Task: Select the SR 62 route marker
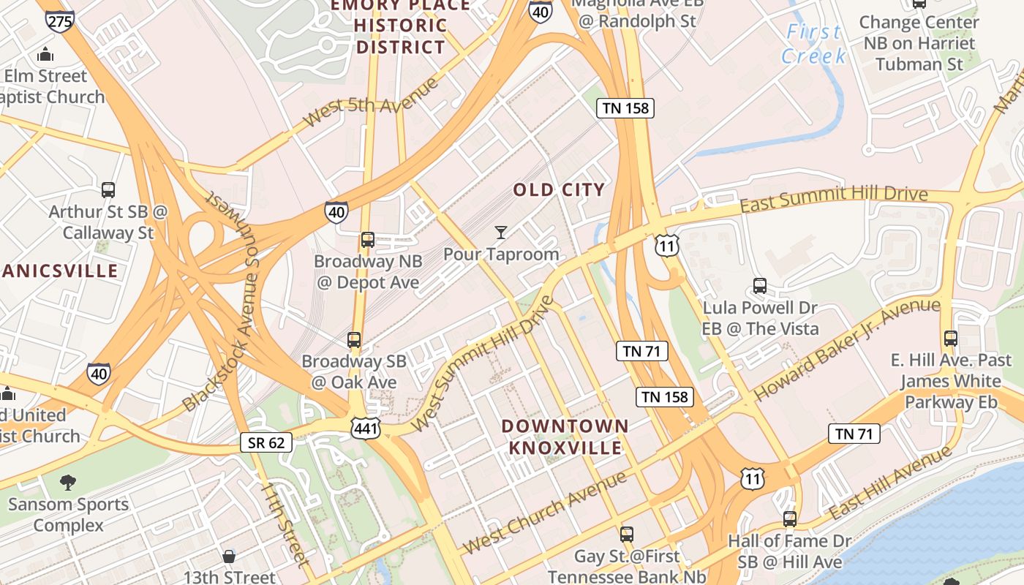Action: click(266, 442)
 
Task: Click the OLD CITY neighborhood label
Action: click(559, 190)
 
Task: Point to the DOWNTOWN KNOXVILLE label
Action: click(565, 437)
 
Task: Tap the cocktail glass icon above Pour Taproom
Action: click(501, 233)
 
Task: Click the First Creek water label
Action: click(813, 44)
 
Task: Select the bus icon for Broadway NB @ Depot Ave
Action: click(368, 239)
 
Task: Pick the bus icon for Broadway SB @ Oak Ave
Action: click(354, 339)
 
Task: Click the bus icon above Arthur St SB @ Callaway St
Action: click(108, 190)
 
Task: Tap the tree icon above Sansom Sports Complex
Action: click(68, 482)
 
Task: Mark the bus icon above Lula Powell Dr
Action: click(760, 285)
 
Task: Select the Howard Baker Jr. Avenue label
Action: click(847, 350)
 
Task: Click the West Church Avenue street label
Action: click(545, 512)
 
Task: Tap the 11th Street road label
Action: click(285, 524)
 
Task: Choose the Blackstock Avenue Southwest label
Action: click(224, 301)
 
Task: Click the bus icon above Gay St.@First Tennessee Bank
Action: click(626, 534)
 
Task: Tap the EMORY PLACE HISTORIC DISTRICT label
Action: click(400, 26)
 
